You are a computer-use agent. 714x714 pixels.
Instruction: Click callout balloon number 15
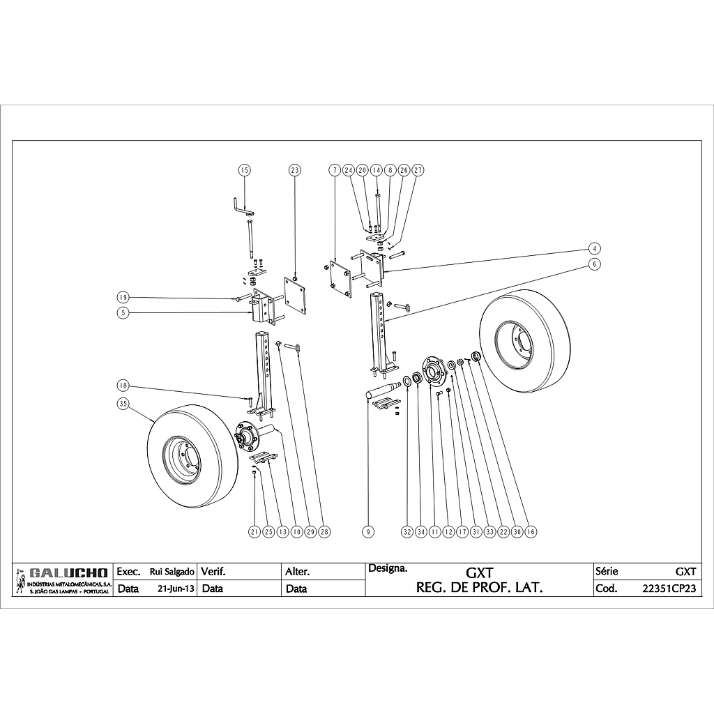tap(245, 170)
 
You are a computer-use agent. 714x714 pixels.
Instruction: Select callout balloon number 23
tap(295, 170)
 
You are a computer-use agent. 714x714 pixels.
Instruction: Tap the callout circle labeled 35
tap(123, 404)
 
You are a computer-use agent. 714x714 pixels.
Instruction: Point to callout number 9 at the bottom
tap(368, 531)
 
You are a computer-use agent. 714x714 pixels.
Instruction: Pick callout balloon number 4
tap(594, 249)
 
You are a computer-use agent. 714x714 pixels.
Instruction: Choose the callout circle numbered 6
tap(594, 264)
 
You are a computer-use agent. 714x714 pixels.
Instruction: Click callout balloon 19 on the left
tap(123, 298)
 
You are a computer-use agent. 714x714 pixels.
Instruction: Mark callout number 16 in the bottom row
tap(530, 531)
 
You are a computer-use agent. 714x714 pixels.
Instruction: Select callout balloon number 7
tap(335, 170)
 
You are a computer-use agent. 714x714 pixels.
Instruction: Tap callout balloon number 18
tap(123, 386)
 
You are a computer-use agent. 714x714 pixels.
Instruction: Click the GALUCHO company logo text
tap(68, 573)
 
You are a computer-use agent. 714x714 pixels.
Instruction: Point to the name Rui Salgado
tap(172, 572)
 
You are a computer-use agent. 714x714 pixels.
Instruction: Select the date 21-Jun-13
tap(176, 588)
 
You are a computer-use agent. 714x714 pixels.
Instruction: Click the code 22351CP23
tap(669, 588)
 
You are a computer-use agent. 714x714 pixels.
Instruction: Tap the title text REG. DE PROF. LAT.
tap(480, 587)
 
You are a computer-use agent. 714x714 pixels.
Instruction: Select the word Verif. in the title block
tap(213, 572)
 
